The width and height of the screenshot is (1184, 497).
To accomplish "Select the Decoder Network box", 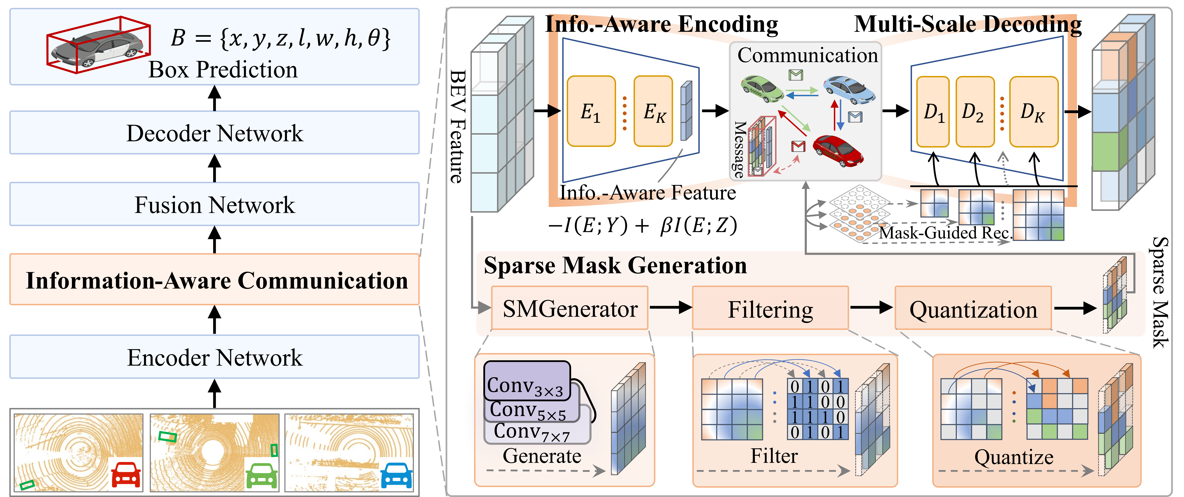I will (214, 133).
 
